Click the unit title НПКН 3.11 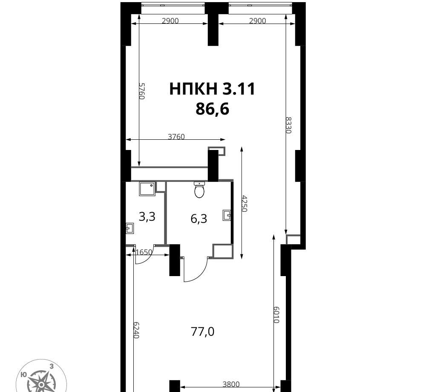(212, 89)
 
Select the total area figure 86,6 (213, 109)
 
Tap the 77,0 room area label (203, 331)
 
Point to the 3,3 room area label (147, 217)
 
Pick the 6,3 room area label (199, 219)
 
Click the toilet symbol (199, 190)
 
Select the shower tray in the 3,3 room (147, 189)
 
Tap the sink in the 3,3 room (130, 228)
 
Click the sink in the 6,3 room (227, 215)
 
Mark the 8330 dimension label (288, 125)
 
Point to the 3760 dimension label (176, 136)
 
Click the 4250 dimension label (244, 203)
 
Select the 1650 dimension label (144, 252)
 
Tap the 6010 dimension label (276, 314)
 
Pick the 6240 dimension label (136, 330)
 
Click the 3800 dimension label (231, 384)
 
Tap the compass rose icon (41, 378)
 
